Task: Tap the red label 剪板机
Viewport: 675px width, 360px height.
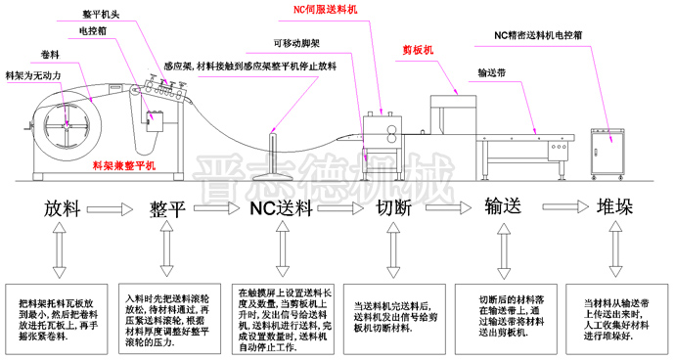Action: [419, 48]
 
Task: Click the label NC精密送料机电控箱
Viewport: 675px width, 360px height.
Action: [539, 35]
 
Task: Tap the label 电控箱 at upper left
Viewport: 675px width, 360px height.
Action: [94, 31]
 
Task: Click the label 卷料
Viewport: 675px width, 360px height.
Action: [50, 54]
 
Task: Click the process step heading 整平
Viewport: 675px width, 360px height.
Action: [168, 208]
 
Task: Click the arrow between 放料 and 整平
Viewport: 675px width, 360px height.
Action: [115, 209]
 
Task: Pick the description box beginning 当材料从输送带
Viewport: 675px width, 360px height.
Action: [617, 319]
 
